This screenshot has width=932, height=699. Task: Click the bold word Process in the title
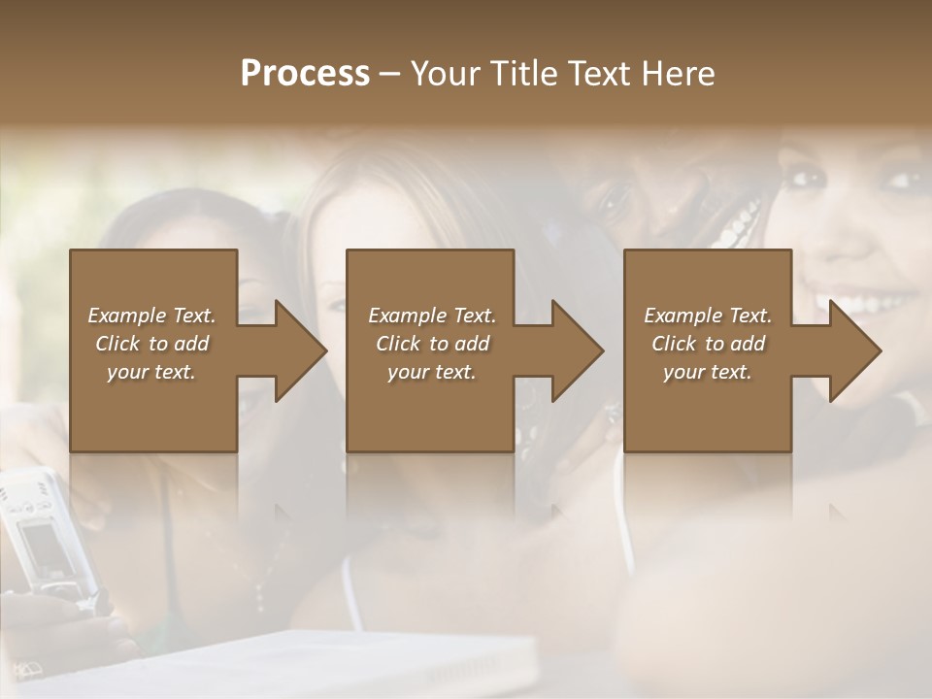pyautogui.click(x=305, y=74)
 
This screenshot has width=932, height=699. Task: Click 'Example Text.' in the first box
pyautogui.click(x=151, y=316)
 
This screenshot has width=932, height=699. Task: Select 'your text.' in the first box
pyautogui.click(x=151, y=372)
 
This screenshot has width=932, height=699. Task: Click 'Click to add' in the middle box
pyautogui.click(x=432, y=344)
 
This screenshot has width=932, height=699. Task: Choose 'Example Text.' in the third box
pyautogui.click(x=708, y=316)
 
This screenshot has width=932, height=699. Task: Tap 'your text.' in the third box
pyautogui.click(x=708, y=372)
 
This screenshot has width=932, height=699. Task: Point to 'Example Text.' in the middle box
pyautogui.click(x=432, y=316)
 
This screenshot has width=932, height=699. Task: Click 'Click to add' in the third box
pyautogui.click(x=708, y=344)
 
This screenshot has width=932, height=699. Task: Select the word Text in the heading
pyautogui.click(x=598, y=74)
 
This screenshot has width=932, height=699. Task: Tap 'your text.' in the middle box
pyautogui.click(x=432, y=372)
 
